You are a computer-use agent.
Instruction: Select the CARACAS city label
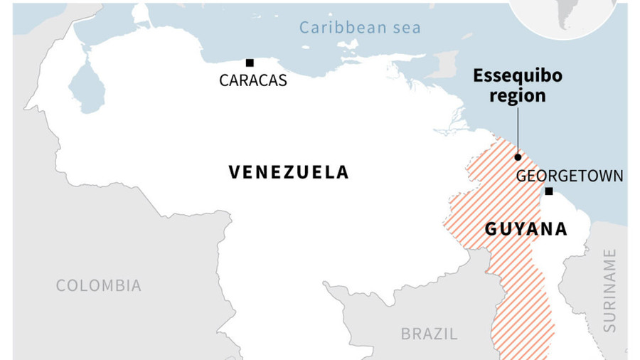(x=253, y=80)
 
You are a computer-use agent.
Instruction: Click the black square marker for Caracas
(x=250, y=63)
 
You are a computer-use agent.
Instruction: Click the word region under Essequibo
(x=518, y=96)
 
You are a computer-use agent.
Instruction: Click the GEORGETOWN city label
(x=570, y=176)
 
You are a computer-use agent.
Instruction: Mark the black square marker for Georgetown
(x=548, y=191)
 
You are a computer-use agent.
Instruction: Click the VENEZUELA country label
(x=289, y=171)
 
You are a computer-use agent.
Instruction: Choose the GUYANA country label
(x=526, y=229)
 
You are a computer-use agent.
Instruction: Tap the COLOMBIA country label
(x=99, y=286)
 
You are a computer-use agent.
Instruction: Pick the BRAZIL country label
(x=429, y=334)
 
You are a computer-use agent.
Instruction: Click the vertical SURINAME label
(x=609, y=291)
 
